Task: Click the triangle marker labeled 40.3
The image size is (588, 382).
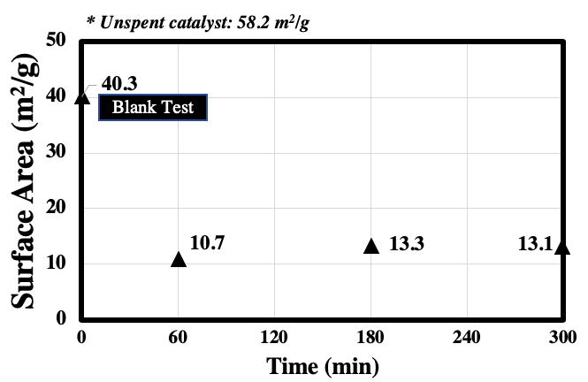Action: pyautogui.click(x=82, y=97)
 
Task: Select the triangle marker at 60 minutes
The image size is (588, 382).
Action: pyautogui.click(x=179, y=259)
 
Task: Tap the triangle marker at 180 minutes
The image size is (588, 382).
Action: pyautogui.click(x=371, y=246)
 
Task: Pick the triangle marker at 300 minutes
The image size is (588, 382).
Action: pyautogui.click(x=562, y=247)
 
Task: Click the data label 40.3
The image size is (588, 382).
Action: pyautogui.click(x=119, y=84)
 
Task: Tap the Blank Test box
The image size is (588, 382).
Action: pyautogui.click(x=152, y=108)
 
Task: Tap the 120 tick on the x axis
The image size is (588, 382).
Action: pyautogui.click(x=274, y=337)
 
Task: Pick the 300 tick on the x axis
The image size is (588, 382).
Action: pyautogui.click(x=562, y=337)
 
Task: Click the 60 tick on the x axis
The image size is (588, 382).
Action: pyautogui.click(x=179, y=337)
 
